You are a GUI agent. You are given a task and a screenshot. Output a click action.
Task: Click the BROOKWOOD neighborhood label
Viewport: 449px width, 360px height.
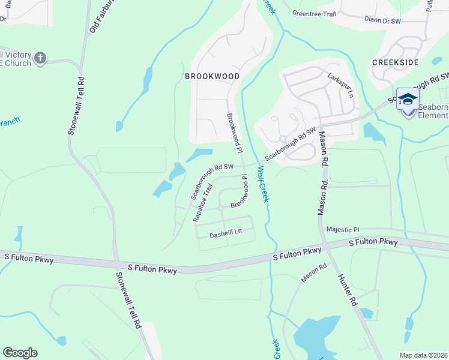point(212,76)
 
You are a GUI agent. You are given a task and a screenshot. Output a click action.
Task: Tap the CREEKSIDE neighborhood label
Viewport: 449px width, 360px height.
point(394,62)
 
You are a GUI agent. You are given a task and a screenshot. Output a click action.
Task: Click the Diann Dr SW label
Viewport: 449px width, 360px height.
point(382,20)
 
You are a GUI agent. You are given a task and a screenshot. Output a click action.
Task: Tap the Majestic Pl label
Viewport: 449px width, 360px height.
point(342,229)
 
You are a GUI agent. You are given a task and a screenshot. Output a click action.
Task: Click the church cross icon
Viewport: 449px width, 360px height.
point(40,58)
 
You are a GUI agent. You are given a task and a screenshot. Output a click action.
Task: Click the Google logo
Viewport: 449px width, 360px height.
point(20,353)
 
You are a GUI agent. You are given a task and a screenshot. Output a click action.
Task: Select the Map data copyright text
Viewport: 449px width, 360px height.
point(423,355)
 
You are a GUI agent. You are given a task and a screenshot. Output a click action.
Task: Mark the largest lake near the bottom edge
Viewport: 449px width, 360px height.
point(315,334)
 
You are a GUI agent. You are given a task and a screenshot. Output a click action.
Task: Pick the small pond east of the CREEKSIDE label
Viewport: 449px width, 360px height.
point(437,61)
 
